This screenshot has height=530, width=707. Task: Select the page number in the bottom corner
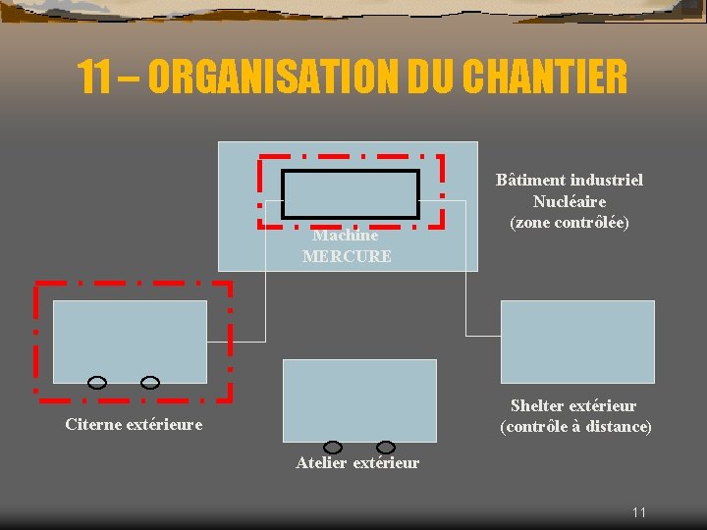pos(639,512)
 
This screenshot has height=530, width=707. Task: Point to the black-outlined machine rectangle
pos(351,193)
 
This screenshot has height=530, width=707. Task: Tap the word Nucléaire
pos(570,201)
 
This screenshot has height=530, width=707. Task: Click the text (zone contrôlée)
pos(570,222)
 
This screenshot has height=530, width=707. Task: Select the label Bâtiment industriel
pos(570,180)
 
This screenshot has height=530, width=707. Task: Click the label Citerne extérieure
pos(134,425)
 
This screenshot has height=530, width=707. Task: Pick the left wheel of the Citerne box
pos(98,382)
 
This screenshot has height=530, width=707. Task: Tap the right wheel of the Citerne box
pos(149,382)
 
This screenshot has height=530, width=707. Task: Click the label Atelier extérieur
pos(357,463)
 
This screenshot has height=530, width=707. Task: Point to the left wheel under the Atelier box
pos(333,448)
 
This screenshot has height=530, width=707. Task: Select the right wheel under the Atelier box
pos(386,448)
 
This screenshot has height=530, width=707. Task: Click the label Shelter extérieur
pos(573,405)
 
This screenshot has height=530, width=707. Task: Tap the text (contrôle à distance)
pos(575,427)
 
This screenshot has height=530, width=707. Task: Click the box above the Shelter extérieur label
pos(577,341)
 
